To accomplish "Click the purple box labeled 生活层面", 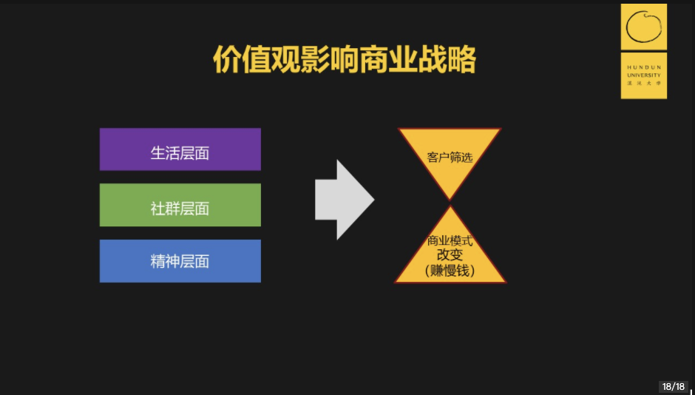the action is [x=180, y=149].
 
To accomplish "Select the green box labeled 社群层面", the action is [x=180, y=205].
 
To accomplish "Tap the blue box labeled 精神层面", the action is [x=180, y=260].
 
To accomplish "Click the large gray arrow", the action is [x=345, y=200].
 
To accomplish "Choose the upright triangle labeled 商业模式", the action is [x=450, y=253].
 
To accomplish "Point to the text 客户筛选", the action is [x=450, y=158].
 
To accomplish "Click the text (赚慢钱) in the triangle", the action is [x=450, y=271].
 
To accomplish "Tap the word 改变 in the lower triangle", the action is [x=450, y=255].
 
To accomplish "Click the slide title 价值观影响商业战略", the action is [x=345, y=60].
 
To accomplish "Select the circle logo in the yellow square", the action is [x=643, y=27].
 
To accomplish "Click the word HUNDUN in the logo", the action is [x=643, y=67].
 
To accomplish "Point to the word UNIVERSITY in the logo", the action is [x=643, y=75].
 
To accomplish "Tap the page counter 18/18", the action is [x=674, y=387].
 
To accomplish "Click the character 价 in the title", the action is [x=228, y=60].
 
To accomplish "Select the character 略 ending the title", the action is [x=461, y=60].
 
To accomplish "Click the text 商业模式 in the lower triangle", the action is [x=450, y=241].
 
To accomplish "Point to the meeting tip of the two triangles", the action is [x=450, y=203].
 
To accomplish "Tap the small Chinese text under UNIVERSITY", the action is [x=643, y=83].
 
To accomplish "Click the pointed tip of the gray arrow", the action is [x=374, y=200].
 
